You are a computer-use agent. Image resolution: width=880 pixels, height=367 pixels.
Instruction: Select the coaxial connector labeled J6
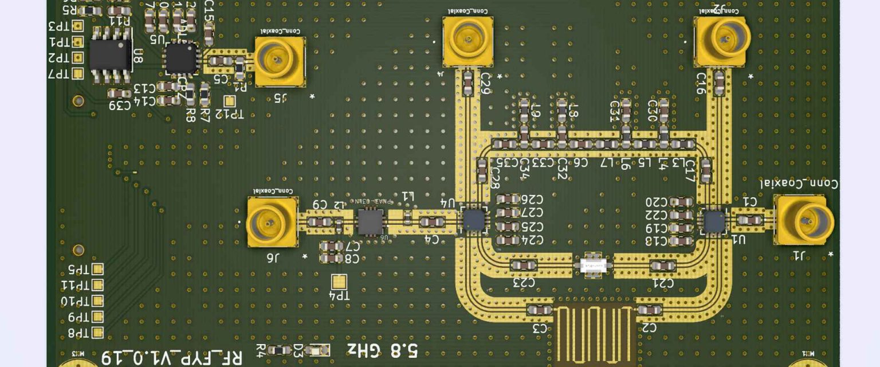[x=272, y=221]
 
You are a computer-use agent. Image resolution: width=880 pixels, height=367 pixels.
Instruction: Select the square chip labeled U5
[x=180, y=58]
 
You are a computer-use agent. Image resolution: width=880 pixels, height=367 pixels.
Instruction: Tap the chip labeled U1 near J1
[x=714, y=221]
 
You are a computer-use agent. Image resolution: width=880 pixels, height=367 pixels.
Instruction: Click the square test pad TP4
[x=339, y=281]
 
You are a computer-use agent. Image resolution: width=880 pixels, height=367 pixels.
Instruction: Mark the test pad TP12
[x=230, y=101]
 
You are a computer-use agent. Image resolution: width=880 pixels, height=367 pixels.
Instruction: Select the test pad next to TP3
[x=78, y=26]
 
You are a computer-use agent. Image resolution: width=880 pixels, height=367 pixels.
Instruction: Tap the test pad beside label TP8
[x=97, y=332]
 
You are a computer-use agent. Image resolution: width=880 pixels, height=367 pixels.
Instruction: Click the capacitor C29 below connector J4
[x=468, y=83]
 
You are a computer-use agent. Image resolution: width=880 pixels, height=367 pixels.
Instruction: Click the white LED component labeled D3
[x=317, y=350]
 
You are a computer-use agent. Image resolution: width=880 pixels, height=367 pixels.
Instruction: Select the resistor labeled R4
[x=279, y=349]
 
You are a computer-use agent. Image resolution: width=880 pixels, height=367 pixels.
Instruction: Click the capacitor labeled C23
[x=522, y=266]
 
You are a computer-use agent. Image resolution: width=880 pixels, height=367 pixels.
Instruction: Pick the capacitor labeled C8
[x=331, y=258]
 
